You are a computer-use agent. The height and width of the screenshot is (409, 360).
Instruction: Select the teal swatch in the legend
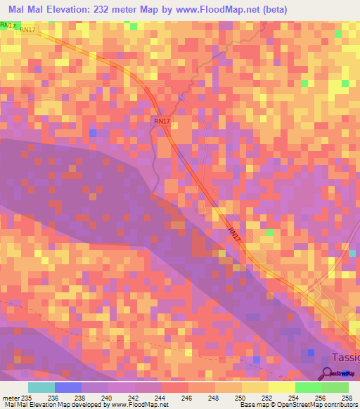[x=41, y=387]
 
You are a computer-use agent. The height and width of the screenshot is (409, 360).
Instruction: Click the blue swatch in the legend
[x=67, y=387]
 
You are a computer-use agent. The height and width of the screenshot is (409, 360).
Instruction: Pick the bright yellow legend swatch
[x=281, y=387]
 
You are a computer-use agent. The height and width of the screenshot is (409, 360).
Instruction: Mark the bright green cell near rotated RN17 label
[x=269, y=233]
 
